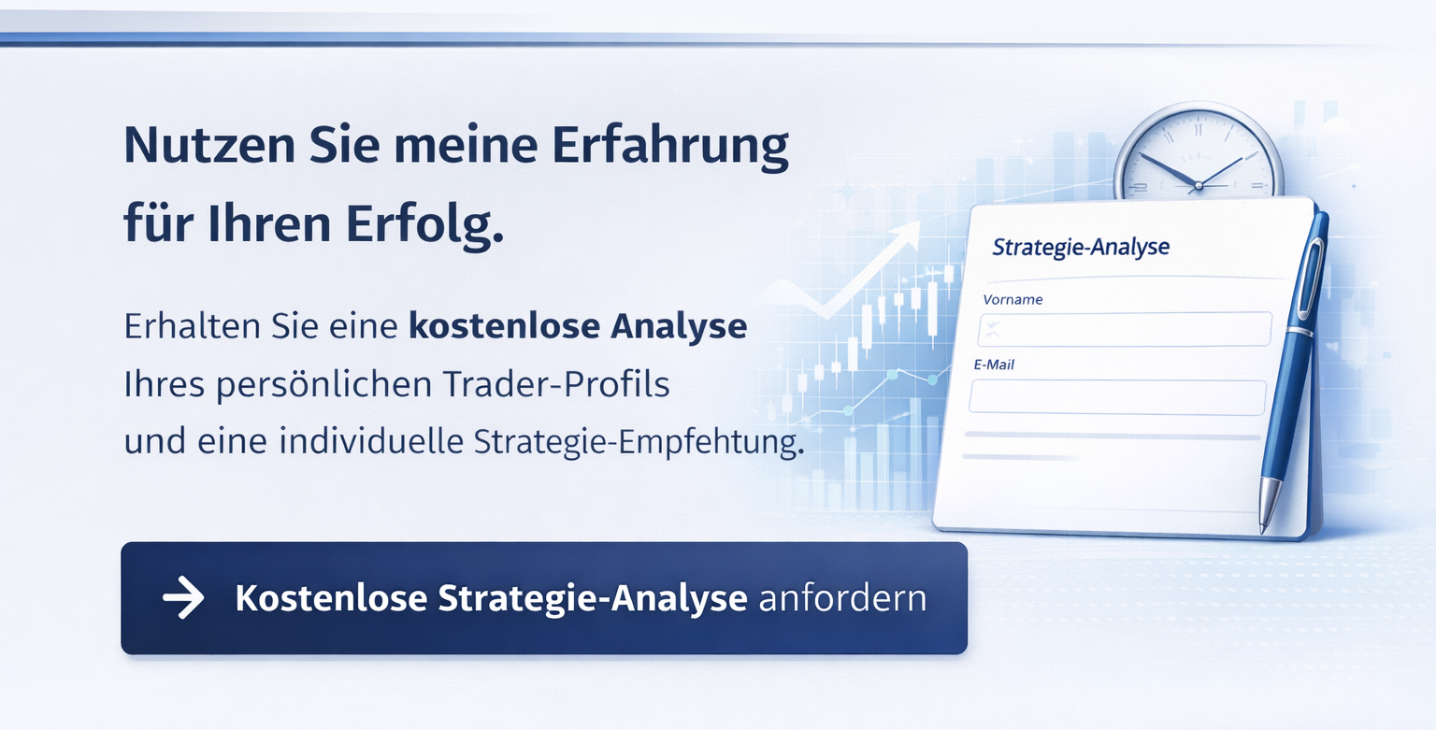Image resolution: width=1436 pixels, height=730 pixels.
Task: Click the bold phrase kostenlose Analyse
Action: click(x=578, y=327)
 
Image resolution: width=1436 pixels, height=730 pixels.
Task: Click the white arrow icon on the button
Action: click(x=183, y=598)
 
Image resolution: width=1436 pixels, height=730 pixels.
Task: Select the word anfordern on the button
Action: click(x=842, y=598)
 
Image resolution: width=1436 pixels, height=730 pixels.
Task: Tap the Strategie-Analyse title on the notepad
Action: click(x=1081, y=248)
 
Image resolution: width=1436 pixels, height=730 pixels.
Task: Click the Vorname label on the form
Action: click(x=1012, y=300)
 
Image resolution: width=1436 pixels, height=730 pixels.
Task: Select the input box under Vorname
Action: click(x=1125, y=329)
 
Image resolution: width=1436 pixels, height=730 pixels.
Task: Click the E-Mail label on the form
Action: click(x=994, y=365)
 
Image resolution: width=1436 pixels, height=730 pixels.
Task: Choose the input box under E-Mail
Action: click(x=1117, y=396)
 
